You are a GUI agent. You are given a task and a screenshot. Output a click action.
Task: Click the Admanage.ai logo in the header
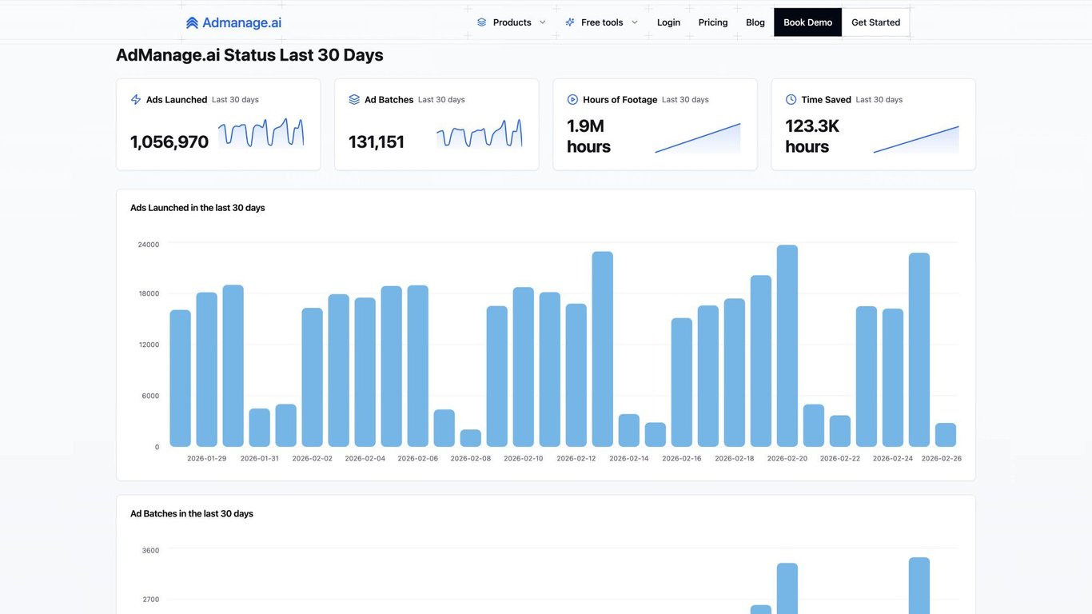click(x=233, y=22)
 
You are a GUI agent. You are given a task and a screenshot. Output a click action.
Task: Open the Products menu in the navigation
click(x=512, y=22)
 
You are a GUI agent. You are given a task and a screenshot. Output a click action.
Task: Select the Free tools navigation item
click(x=601, y=22)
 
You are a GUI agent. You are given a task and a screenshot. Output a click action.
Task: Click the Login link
click(x=668, y=22)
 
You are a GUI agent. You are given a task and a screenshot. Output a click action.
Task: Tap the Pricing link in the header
click(x=713, y=22)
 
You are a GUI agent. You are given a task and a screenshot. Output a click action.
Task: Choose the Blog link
click(x=755, y=22)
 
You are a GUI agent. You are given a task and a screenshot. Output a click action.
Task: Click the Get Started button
click(x=875, y=22)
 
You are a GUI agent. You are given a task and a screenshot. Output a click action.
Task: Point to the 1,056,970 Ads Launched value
click(x=169, y=142)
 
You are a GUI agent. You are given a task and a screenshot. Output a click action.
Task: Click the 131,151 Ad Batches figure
click(x=377, y=142)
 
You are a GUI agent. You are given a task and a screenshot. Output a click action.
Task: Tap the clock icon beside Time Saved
click(x=791, y=100)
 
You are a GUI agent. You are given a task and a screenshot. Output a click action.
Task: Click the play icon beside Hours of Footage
click(x=572, y=100)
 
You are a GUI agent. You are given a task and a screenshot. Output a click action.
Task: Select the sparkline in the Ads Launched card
click(x=261, y=134)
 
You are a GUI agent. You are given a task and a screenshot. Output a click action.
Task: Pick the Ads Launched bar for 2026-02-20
click(x=787, y=346)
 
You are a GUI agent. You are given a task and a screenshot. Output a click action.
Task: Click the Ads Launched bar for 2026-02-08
click(x=471, y=438)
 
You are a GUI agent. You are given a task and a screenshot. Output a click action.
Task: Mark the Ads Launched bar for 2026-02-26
click(x=946, y=435)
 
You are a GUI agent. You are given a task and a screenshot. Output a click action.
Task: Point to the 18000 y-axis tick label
click(x=149, y=293)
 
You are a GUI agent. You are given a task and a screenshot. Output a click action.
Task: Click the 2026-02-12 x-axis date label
click(x=576, y=458)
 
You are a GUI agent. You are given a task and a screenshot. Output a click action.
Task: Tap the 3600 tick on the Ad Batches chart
click(x=150, y=550)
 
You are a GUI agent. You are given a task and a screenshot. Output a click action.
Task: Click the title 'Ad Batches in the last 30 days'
click(x=192, y=513)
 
